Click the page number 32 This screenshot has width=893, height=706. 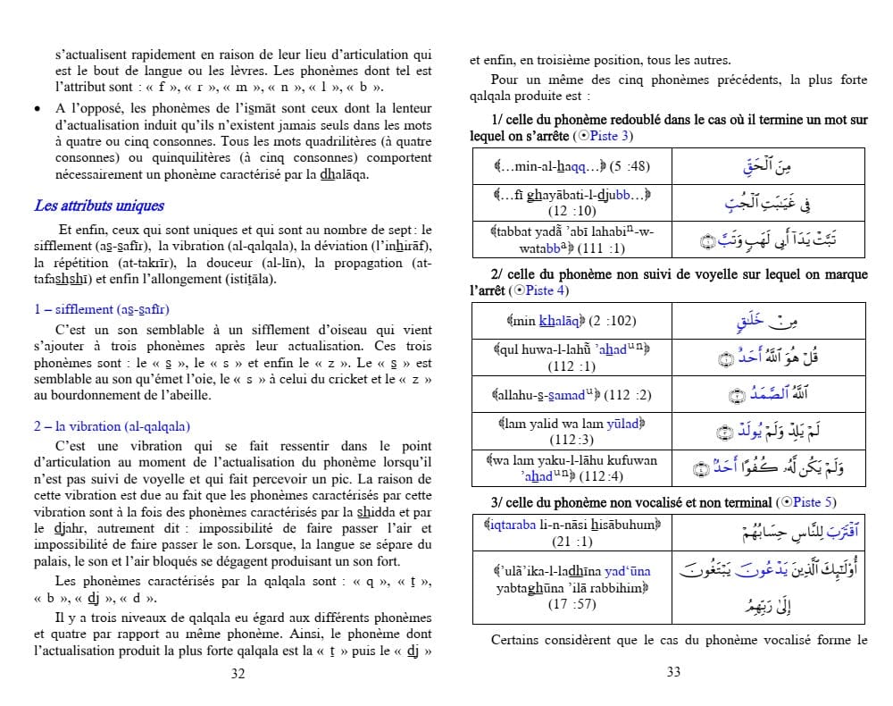[238, 674]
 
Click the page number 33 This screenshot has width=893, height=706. [674, 672]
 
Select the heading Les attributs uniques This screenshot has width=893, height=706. [99, 206]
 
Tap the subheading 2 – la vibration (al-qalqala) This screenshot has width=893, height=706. [112, 426]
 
